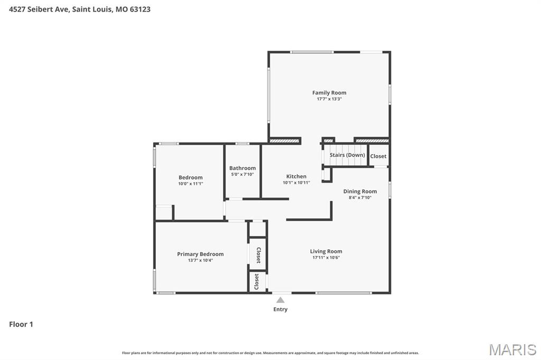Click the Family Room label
pyautogui.click(x=329, y=93)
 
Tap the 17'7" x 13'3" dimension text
pyautogui.click(x=329, y=99)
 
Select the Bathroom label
pyautogui.click(x=242, y=168)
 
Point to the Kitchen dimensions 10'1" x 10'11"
pyautogui.click(x=296, y=183)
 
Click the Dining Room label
pyautogui.click(x=360, y=192)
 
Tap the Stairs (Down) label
pyautogui.click(x=347, y=155)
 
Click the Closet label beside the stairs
pyautogui.click(x=378, y=156)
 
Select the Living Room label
pyautogui.click(x=326, y=251)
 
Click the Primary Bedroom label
pyautogui.click(x=200, y=254)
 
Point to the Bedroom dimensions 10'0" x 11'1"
pyautogui.click(x=191, y=184)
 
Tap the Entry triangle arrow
pyautogui.click(x=281, y=300)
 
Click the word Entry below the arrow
pyautogui.click(x=281, y=309)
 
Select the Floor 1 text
pyautogui.click(x=21, y=324)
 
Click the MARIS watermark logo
pyautogui.click(x=512, y=349)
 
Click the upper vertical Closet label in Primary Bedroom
pyautogui.click(x=258, y=255)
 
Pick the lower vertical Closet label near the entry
pyautogui.click(x=257, y=281)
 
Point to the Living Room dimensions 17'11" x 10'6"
pyautogui.click(x=326, y=258)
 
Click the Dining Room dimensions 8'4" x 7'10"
pyautogui.click(x=360, y=198)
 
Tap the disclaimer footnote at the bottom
pyautogui.click(x=270, y=353)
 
